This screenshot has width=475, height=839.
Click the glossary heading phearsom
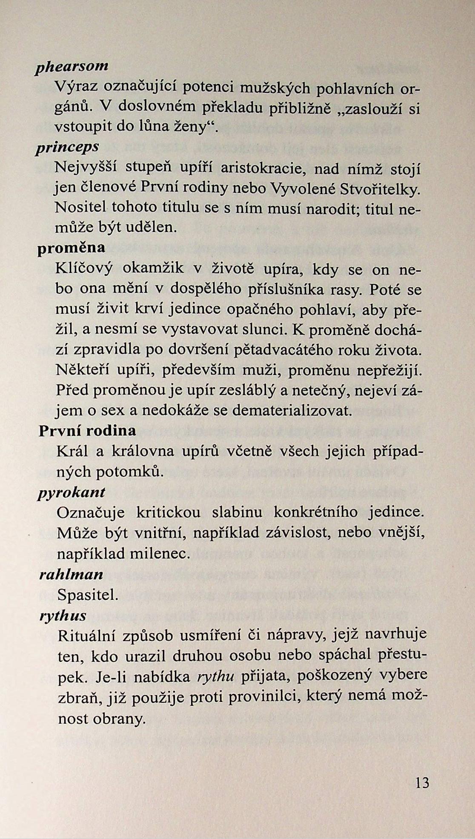72,67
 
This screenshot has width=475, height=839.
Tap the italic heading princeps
68,147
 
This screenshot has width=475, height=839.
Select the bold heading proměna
71,248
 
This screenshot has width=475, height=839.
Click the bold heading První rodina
87,431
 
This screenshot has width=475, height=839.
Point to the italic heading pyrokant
71,493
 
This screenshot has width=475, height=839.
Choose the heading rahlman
71,575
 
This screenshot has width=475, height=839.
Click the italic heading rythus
63,616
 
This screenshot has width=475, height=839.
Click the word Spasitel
88,595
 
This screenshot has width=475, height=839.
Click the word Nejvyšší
86,168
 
